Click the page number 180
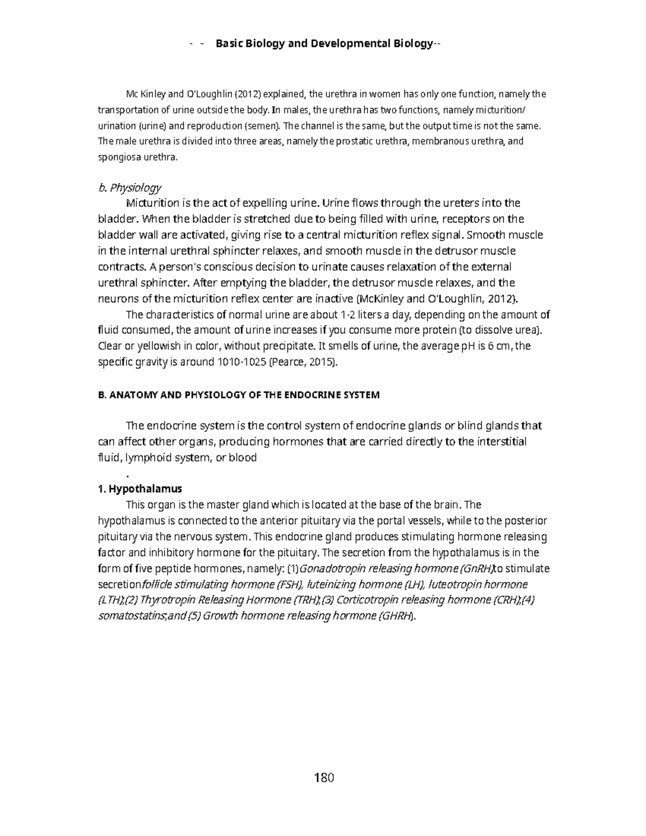[324, 777]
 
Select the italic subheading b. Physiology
[129, 187]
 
